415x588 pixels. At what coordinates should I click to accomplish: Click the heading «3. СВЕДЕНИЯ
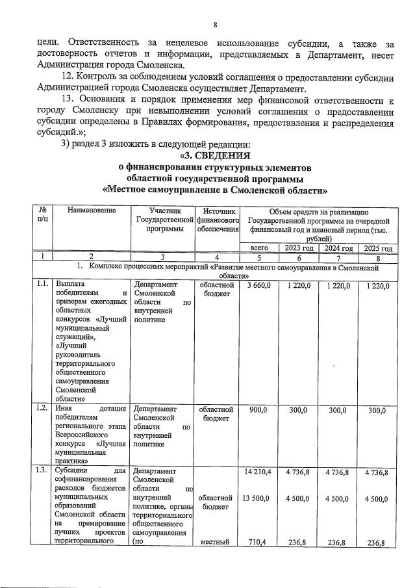[x=215, y=155]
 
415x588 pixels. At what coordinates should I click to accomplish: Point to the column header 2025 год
[x=377, y=248]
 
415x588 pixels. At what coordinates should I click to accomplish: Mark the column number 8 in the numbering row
[x=377, y=258]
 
